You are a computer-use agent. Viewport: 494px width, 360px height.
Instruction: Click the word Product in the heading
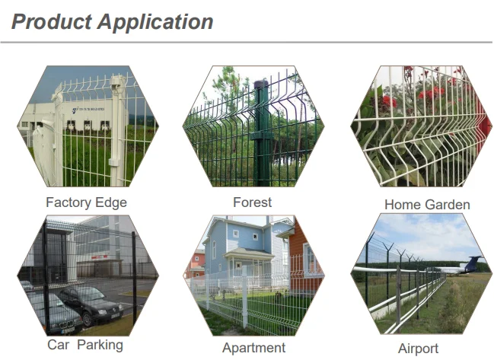[x=51, y=21]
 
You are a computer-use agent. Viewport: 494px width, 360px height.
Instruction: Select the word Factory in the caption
[x=69, y=202]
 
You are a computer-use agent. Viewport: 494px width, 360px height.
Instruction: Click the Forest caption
[x=252, y=202]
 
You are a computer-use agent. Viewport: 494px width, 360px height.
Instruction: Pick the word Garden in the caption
[x=448, y=205]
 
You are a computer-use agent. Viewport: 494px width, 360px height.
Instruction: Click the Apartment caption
[x=253, y=348]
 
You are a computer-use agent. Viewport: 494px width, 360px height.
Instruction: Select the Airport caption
[x=418, y=349]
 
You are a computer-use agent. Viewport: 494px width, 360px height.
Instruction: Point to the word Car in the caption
[x=58, y=345]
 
